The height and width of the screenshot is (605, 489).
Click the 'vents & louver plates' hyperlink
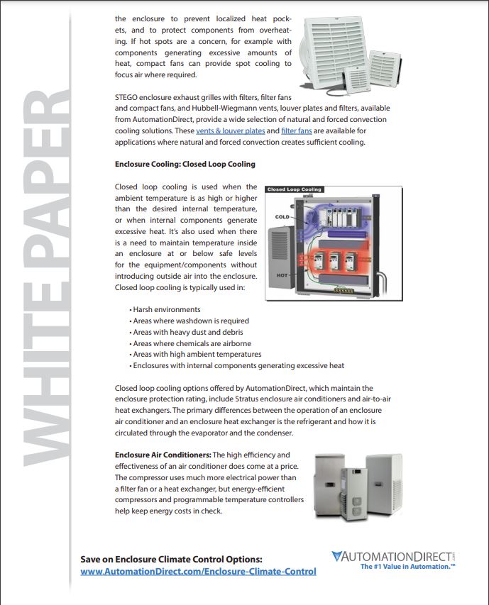pos(220,131)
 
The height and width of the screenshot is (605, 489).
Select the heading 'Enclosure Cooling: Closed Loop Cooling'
pos(185,164)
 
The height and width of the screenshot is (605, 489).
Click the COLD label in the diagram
pos(281,216)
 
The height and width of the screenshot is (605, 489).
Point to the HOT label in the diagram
pos(281,275)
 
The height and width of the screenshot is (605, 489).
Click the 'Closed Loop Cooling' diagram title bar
pos(294,190)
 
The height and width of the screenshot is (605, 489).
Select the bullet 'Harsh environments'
pos(167,309)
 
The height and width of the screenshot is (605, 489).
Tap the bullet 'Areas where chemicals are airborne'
pos(192,343)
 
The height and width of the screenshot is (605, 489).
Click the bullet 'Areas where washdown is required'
pos(191,321)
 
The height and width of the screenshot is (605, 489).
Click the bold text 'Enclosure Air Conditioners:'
pos(163,455)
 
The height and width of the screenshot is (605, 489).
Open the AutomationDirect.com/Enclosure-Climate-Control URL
pos(198,571)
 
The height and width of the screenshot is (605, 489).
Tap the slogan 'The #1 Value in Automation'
pos(407,567)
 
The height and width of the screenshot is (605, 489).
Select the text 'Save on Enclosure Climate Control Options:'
pos(172,559)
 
